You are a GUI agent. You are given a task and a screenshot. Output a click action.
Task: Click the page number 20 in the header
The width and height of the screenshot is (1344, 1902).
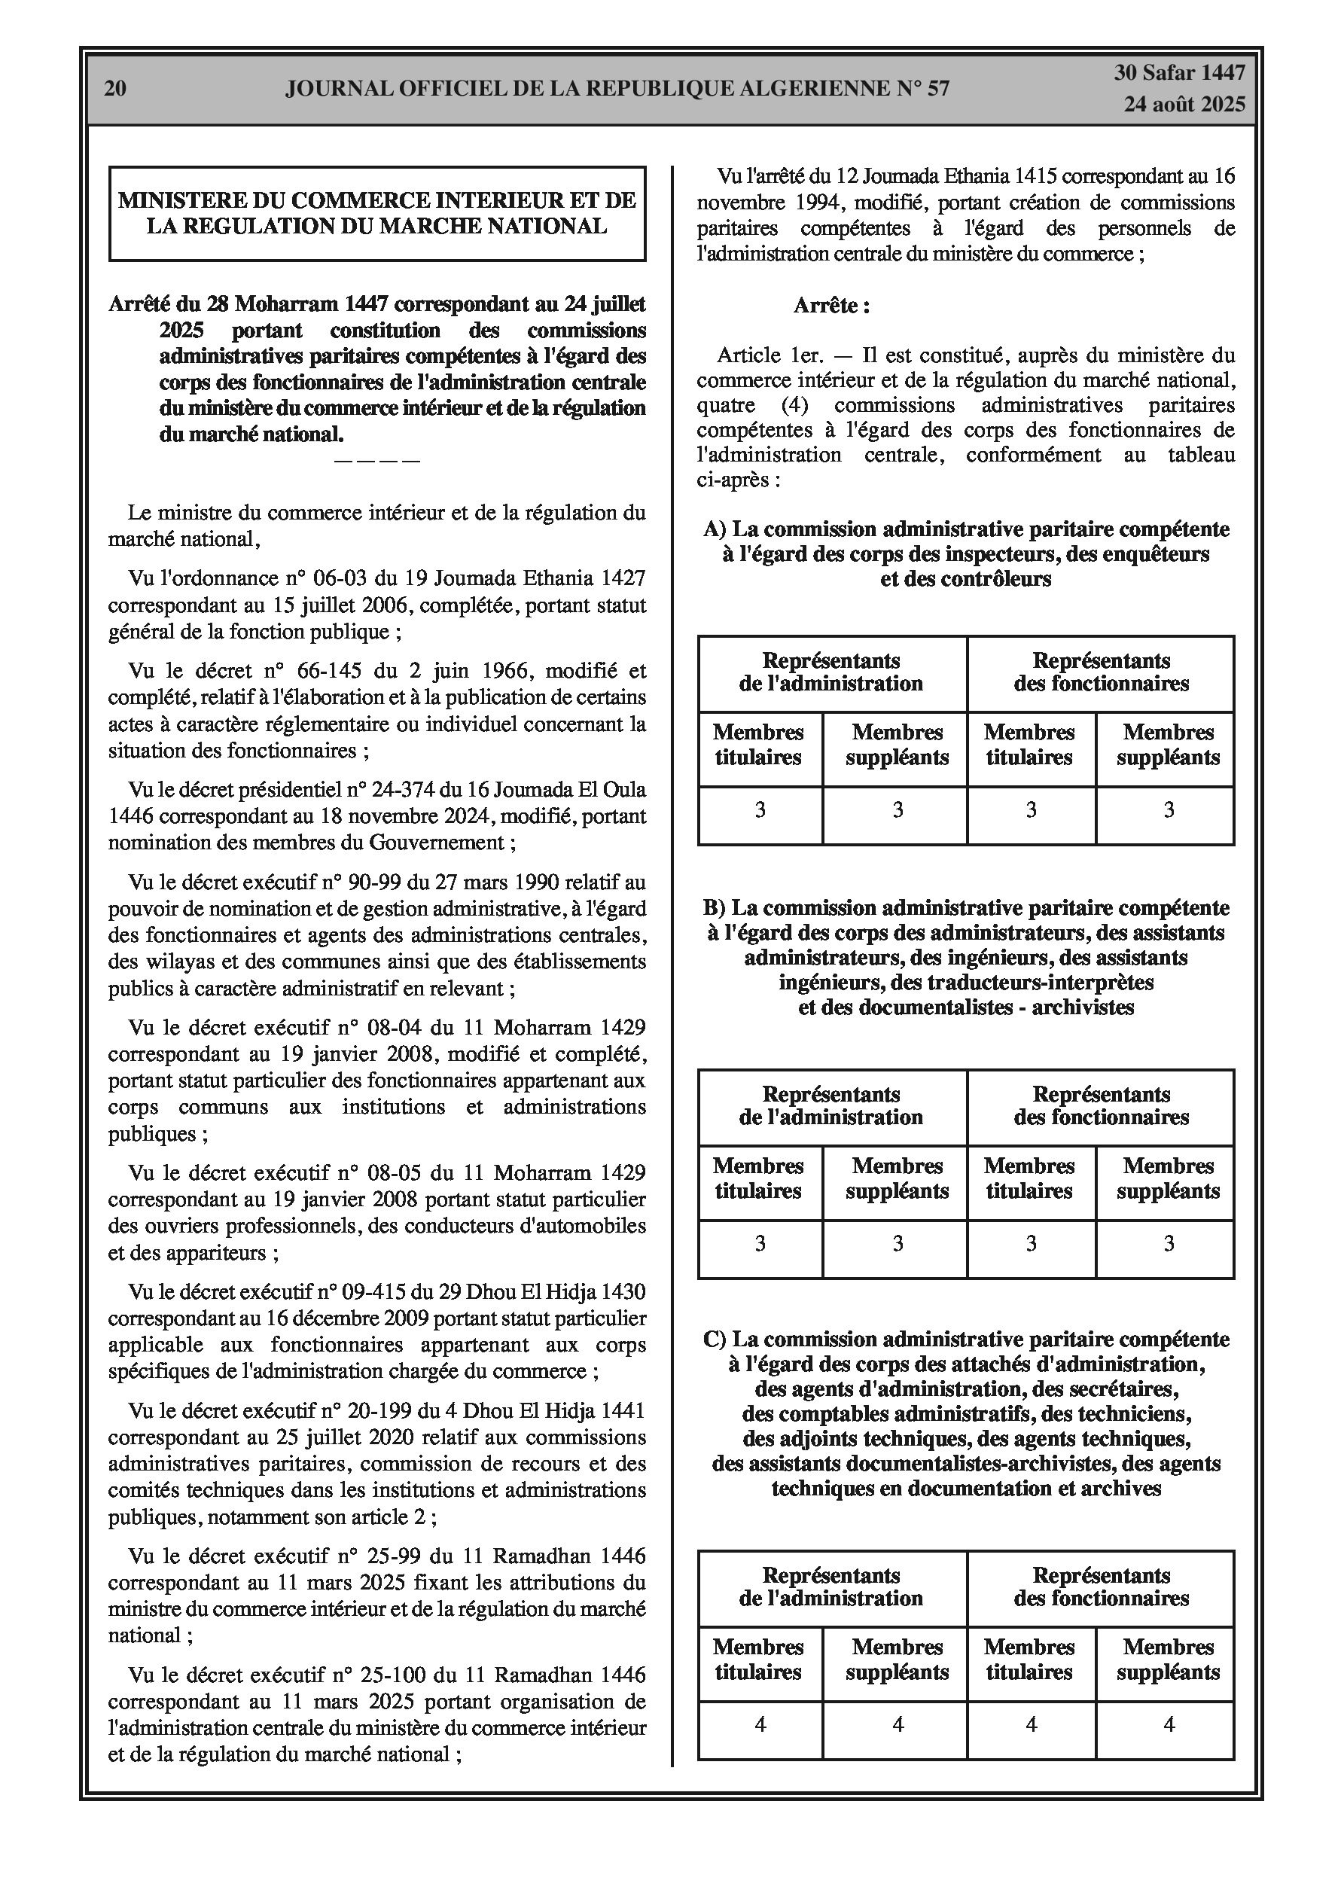tap(115, 89)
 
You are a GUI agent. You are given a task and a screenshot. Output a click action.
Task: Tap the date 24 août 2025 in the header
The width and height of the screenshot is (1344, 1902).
tap(1184, 105)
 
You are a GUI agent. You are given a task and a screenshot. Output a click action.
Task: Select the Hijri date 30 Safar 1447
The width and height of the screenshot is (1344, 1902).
tap(1179, 73)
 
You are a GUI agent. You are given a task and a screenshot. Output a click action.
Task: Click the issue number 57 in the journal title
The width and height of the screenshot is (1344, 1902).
tap(938, 89)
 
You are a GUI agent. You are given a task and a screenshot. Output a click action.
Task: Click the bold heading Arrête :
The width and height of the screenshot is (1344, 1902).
tap(831, 306)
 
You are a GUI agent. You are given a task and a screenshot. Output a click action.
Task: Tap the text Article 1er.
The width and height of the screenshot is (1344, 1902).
tap(770, 355)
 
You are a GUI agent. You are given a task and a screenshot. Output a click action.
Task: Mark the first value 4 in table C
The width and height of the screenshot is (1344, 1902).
tap(760, 1725)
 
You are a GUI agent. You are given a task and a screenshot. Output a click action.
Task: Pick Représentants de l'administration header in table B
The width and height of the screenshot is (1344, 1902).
tap(831, 1106)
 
